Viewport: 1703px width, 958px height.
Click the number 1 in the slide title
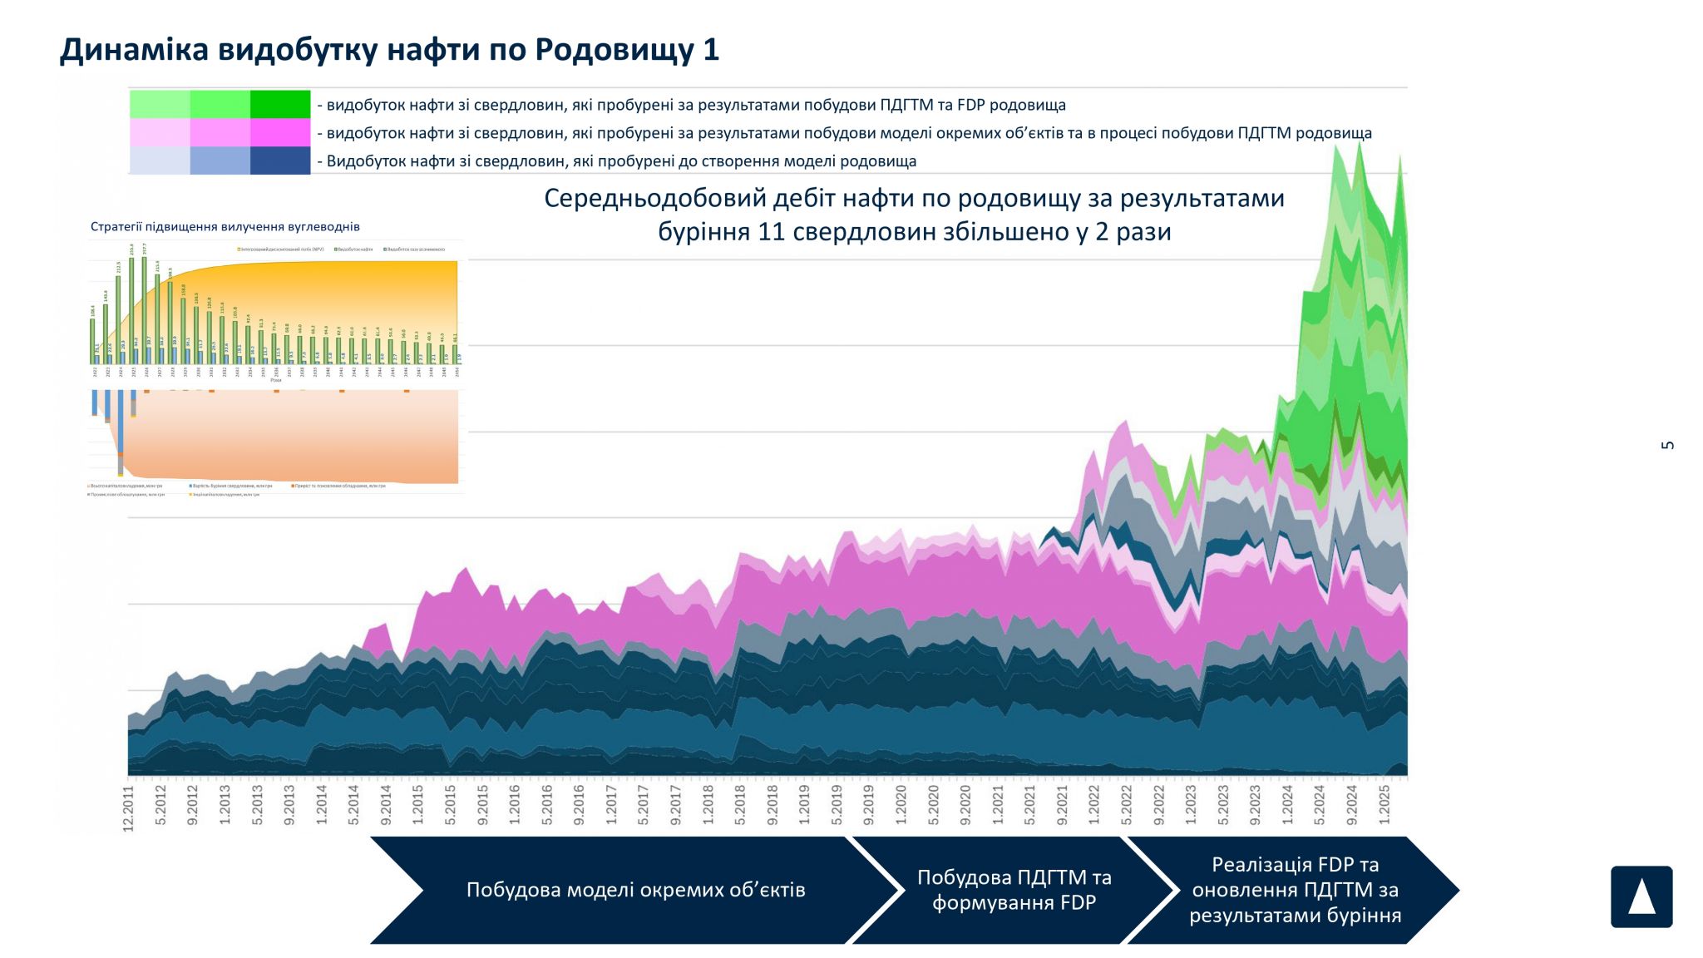pyautogui.click(x=711, y=50)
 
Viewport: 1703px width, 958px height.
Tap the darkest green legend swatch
pyautogui.click(x=280, y=104)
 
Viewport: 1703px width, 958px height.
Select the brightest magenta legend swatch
pyautogui.click(x=280, y=132)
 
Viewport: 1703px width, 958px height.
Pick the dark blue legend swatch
pyautogui.click(x=280, y=160)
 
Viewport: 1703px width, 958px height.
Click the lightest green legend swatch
pyautogui.click(x=160, y=104)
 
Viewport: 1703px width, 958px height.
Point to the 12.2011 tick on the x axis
pyautogui.click(x=129, y=807)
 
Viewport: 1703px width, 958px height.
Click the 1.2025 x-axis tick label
pyautogui.click(x=1385, y=803)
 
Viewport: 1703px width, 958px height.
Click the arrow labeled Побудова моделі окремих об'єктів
pyautogui.click(x=635, y=890)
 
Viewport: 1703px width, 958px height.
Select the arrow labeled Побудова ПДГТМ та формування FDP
pyautogui.click(x=1014, y=890)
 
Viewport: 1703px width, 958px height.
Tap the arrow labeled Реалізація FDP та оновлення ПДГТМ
pyautogui.click(x=1294, y=890)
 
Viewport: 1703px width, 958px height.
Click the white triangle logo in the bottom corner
pyautogui.click(x=1641, y=896)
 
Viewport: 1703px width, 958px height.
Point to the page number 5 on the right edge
pyautogui.click(x=1667, y=445)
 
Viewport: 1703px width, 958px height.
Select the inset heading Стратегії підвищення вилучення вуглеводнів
pyautogui.click(x=225, y=226)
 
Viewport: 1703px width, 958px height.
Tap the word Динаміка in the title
pyautogui.click(x=134, y=50)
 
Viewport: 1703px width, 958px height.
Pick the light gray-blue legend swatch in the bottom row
pyautogui.click(x=160, y=160)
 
